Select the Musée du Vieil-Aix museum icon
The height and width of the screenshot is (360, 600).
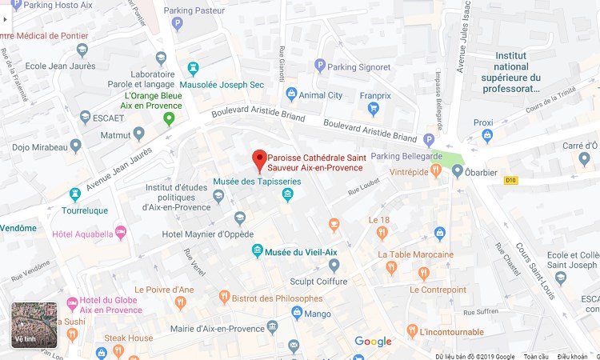[258, 250]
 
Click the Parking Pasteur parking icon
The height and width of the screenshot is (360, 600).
[178, 24]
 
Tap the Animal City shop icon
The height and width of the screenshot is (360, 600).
[291, 94]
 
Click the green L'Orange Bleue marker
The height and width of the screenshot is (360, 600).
[169, 119]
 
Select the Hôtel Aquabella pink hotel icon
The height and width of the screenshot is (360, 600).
[121, 233]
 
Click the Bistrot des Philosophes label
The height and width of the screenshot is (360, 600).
[275, 298]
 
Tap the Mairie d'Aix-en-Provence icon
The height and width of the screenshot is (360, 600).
[273, 327]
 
